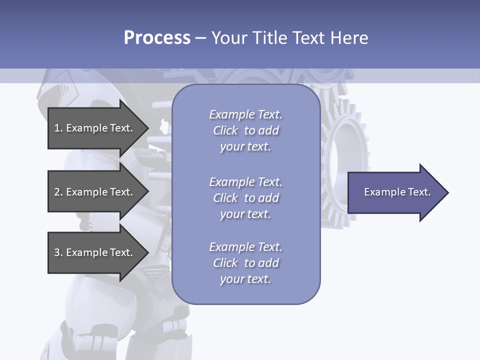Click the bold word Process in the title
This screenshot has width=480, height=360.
coord(157,38)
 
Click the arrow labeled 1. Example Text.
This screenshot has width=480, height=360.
coord(95,128)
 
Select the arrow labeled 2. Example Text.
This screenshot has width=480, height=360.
coord(95,192)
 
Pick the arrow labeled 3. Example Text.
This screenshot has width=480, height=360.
coord(95,252)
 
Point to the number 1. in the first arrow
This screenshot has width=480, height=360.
coord(58,128)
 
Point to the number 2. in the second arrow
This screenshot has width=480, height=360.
coord(58,192)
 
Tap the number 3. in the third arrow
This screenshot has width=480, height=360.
coord(58,252)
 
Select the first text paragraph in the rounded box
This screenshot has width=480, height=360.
coord(245,130)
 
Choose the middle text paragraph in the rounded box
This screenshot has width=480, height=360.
coord(245,198)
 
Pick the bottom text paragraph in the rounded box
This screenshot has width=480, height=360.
coord(245,263)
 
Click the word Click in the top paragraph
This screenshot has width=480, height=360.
coord(225,130)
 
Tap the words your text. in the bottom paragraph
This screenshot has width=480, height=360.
coord(245,279)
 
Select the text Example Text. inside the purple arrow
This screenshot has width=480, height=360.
coord(397,192)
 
